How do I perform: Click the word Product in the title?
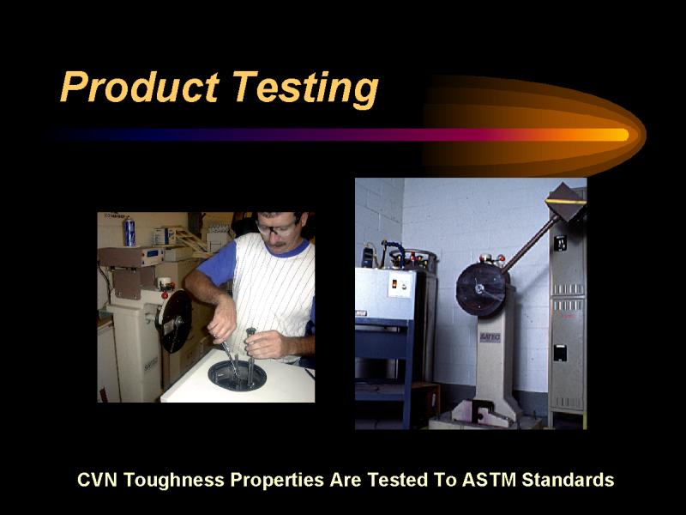[x=140, y=87]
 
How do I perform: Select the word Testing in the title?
[x=305, y=89]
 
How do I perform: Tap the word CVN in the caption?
[x=97, y=480]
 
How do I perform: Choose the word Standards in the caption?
[x=568, y=480]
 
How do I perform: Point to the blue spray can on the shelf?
[x=129, y=232]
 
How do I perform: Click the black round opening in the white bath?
[x=237, y=376]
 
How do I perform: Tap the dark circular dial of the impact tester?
[x=481, y=289]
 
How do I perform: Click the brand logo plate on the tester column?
[x=490, y=337]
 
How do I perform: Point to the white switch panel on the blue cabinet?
[x=400, y=285]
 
